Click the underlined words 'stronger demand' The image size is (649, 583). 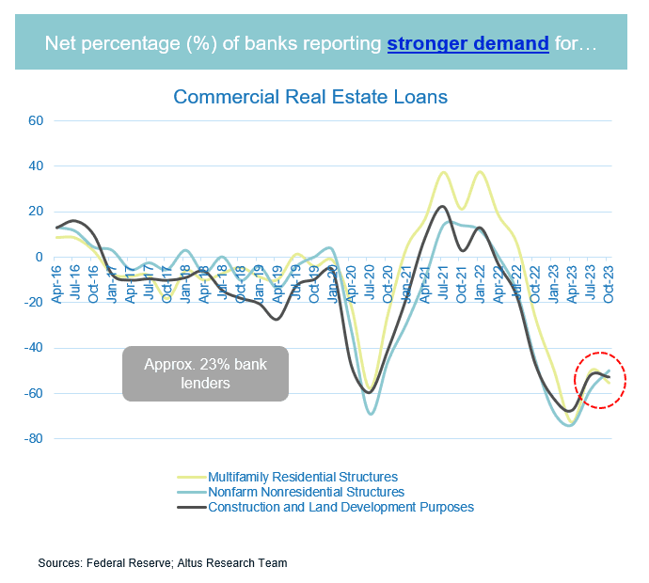coord(467,42)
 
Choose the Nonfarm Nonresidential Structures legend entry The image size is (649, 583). coord(306,492)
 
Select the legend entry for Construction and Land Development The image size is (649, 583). coord(340,507)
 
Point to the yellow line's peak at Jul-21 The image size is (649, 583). coord(443,172)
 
